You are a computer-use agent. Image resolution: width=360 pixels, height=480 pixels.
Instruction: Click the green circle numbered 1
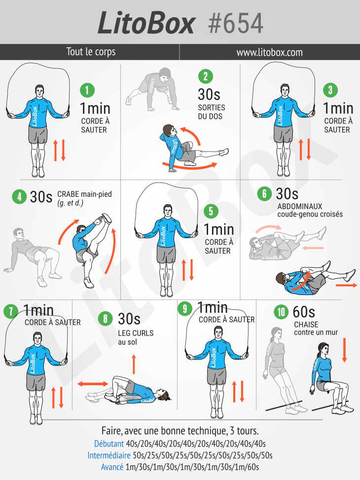(x=87, y=90)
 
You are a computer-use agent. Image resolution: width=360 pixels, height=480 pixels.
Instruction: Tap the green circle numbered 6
(x=264, y=194)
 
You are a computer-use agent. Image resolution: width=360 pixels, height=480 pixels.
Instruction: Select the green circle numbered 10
(x=281, y=312)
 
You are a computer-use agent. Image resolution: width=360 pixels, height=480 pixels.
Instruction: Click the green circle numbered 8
(x=106, y=319)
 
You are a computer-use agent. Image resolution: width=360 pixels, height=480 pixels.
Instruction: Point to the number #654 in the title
(x=235, y=23)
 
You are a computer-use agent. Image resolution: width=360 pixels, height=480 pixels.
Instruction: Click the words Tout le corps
(x=91, y=52)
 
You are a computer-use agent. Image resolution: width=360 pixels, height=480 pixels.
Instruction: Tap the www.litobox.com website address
(x=269, y=52)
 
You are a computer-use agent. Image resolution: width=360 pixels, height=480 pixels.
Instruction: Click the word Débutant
(x=109, y=443)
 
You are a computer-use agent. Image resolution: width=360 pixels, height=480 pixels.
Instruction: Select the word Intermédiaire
(x=109, y=455)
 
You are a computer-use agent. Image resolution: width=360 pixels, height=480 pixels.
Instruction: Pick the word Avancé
(x=112, y=467)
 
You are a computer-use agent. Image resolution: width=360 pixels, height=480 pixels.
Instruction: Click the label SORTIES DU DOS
(x=212, y=112)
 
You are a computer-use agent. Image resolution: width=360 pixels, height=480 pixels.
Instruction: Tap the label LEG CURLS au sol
(x=136, y=337)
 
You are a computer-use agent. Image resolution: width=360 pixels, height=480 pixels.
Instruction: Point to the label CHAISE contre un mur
(x=316, y=329)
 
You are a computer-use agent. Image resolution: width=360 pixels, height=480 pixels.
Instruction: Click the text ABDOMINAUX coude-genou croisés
(x=310, y=210)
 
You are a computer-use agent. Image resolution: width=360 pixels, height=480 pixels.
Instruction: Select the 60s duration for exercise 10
(x=304, y=312)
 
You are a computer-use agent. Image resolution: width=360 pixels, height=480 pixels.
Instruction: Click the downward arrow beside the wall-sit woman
(x=344, y=350)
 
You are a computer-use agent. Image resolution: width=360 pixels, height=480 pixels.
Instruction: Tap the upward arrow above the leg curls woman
(x=134, y=364)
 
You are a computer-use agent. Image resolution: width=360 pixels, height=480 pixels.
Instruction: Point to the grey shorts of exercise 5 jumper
(x=166, y=254)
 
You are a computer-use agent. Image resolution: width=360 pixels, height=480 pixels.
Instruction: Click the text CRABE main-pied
(x=84, y=194)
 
